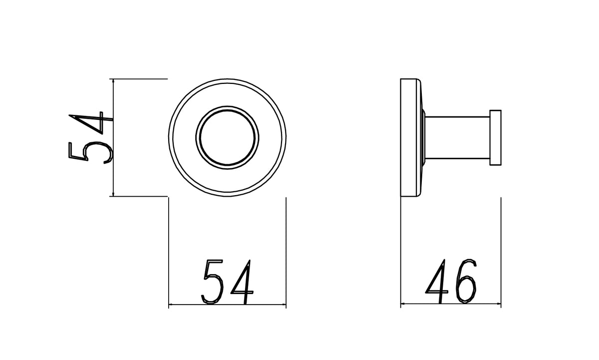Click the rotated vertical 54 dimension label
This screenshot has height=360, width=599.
90,138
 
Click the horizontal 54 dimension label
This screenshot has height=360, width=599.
227,282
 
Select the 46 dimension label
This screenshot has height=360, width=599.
451,281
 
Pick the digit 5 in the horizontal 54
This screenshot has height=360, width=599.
212,282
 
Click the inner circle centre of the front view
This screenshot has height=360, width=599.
227,137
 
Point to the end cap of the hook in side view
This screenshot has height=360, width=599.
495,137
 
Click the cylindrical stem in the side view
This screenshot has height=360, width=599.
457,137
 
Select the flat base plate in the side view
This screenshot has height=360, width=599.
409,137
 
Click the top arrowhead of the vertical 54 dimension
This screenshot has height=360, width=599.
113,81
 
